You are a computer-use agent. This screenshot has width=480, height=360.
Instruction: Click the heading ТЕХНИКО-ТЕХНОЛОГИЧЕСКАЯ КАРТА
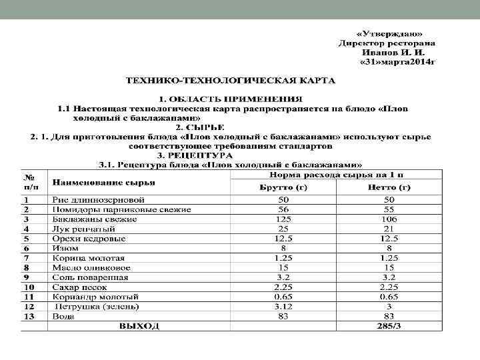click(x=232, y=80)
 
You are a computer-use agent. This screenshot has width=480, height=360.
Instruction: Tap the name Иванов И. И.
click(x=396, y=51)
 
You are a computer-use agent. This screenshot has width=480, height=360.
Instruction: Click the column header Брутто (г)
click(x=283, y=187)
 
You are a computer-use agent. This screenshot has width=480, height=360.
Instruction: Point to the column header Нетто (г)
click(x=389, y=187)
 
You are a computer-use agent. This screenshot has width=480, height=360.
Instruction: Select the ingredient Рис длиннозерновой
click(x=98, y=199)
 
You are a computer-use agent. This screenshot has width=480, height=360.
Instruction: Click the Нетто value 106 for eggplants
click(x=389, y=219)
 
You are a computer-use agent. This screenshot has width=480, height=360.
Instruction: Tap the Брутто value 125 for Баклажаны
click(x=283, y=219)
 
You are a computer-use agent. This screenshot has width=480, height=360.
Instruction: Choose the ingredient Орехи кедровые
click(x=89, y=238)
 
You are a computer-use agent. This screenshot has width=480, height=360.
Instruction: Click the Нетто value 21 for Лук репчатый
click(x=389, y=228)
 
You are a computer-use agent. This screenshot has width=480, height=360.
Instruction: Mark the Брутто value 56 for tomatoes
click(x=283, y=209)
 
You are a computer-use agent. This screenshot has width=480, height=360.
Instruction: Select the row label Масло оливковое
click(x=91, y=267)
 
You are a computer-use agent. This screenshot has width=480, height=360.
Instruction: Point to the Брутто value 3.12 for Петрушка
click(x=283, y=306)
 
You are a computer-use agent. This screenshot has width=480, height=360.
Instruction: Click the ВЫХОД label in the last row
click(x=139, y=326)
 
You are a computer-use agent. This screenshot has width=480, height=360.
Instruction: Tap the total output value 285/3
click(x=389, y=326)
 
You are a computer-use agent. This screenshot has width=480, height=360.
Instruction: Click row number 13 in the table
click(x=30, y=316)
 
